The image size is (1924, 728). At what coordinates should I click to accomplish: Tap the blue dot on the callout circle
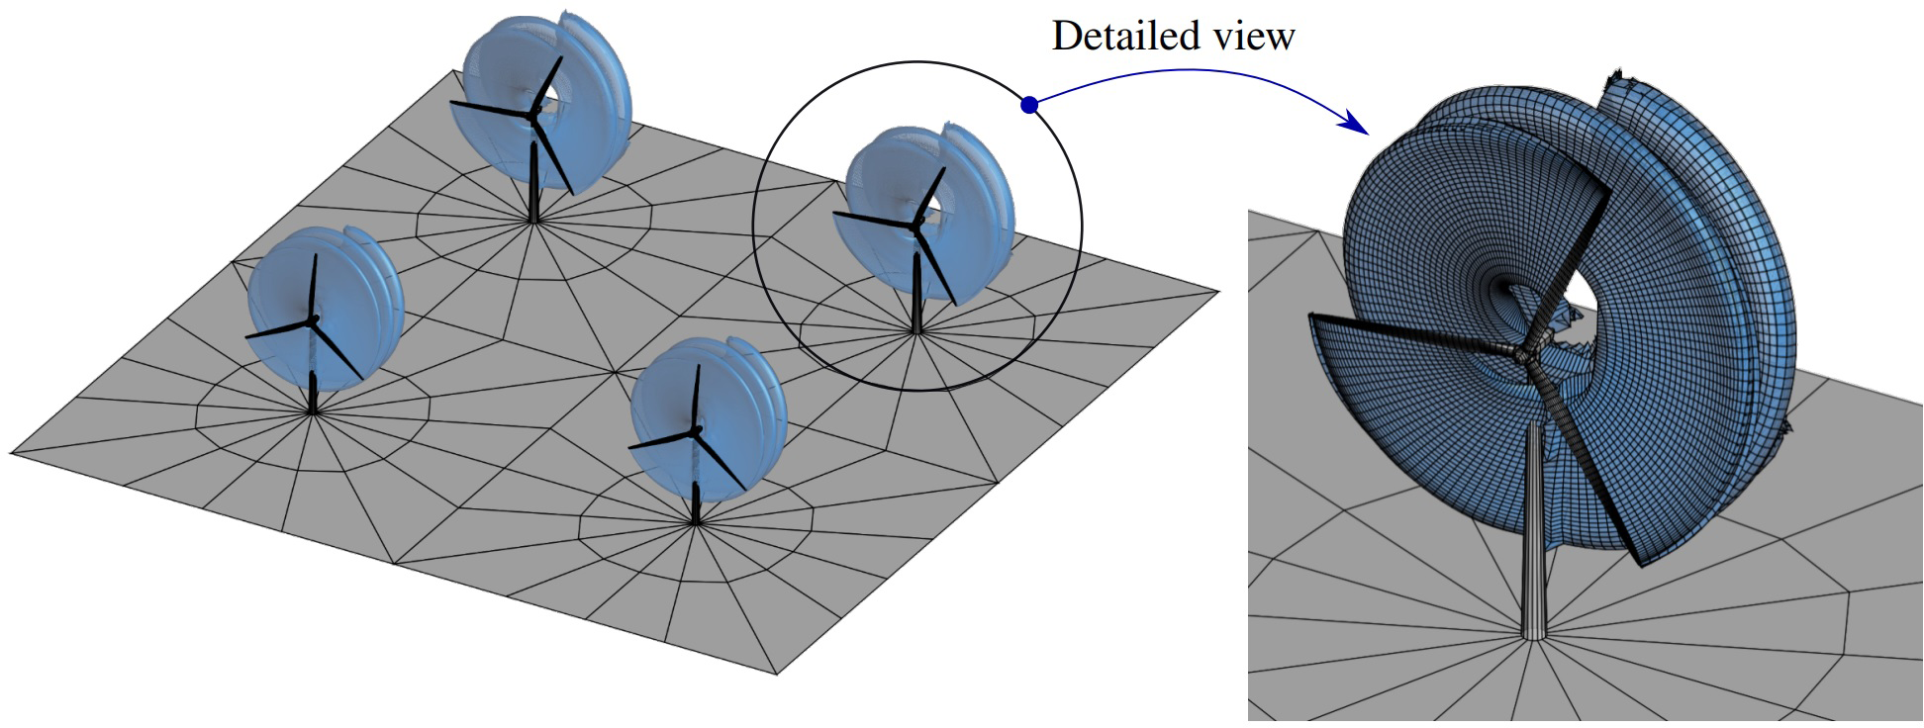[x=1029, y=104]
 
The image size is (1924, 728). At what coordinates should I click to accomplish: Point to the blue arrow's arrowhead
[x=1360, y=129]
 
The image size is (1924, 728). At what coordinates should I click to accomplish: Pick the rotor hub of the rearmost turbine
[x=533, y=116]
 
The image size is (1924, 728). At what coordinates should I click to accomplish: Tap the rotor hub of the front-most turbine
[x=697, y=429]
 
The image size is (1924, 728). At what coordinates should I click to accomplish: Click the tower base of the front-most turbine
[x=697, y=522]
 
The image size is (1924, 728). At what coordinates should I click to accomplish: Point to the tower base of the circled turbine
[x=916, y=333]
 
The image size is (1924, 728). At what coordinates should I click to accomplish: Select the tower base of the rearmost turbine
[x=534, y=222]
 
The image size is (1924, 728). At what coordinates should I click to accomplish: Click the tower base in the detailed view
[x=1533, y=636]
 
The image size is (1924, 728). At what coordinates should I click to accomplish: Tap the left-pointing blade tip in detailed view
[x=1312, y=317]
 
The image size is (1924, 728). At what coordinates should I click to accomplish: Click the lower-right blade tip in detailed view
[x=1641, y=564]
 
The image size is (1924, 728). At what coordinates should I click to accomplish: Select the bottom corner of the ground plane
[x=778, y=675]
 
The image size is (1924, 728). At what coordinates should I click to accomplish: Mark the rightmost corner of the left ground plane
[x=1218, y=292]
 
